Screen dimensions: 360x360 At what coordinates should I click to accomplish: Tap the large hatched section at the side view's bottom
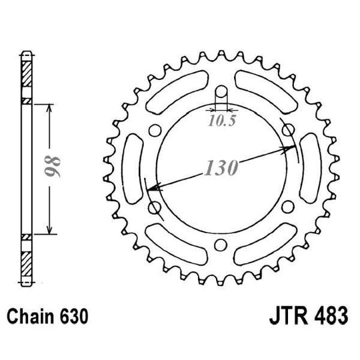27,264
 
